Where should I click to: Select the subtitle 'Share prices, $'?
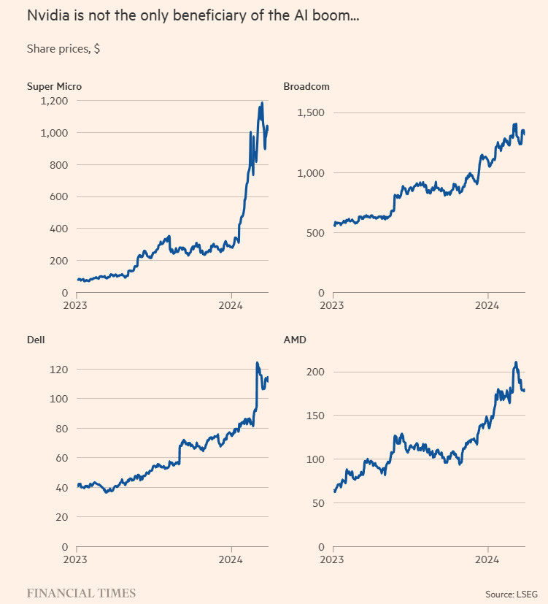(x=63, y=48)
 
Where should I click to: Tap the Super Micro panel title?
(x=54, y=86)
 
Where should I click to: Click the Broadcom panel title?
(x=306, y=86)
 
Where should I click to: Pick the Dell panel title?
(x=36, y=340)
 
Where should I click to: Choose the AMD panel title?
(x=294, y=340)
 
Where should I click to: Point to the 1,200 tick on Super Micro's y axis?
(x=53, y=101)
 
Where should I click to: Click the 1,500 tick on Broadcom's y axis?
(x=309, y=112)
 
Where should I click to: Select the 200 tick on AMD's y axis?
(x=315, y=372)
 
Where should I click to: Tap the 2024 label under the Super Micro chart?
(x=231, y=305)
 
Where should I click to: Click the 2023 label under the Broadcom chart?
(x=333, y=305)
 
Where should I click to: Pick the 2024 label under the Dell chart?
(x=231, y=559)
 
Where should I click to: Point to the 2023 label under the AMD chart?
(x=333, y=559)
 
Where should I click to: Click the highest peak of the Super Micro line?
(x=261, y=104)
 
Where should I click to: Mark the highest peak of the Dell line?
(x=257, y=362)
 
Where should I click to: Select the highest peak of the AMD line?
(x=516, y=362)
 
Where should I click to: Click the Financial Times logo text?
(x=81, y=593)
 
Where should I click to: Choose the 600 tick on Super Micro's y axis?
(x=59, y=196)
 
